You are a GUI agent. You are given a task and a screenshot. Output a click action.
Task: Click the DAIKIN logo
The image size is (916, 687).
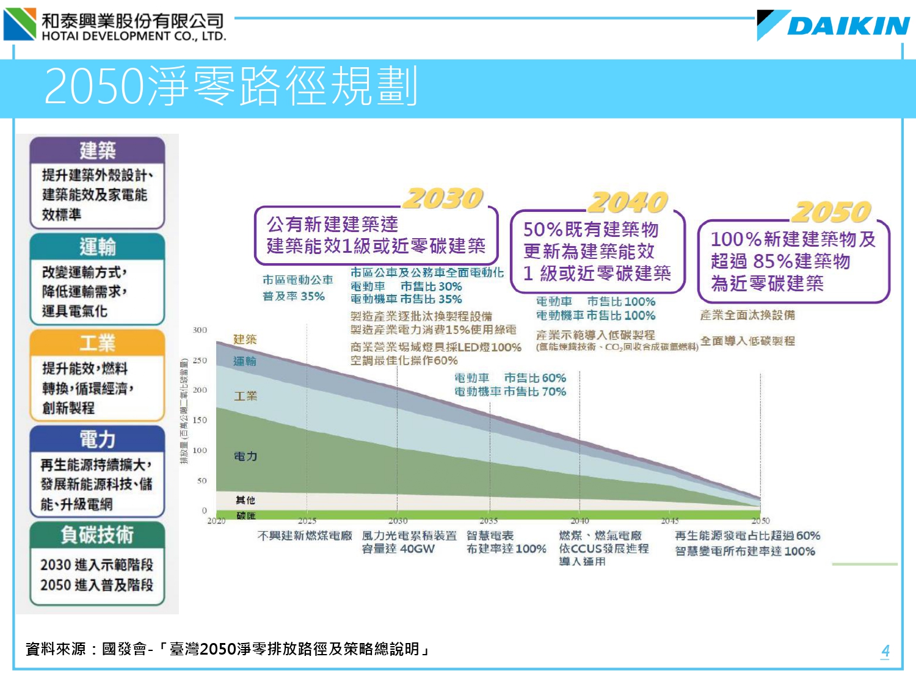834,25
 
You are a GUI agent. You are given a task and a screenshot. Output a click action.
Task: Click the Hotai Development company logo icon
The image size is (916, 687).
20,24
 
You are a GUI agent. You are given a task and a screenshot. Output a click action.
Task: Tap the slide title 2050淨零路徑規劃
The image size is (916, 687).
231,86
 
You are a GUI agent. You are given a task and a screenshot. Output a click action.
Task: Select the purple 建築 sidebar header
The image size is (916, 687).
97,150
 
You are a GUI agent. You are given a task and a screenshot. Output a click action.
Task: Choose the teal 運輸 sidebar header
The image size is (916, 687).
97,247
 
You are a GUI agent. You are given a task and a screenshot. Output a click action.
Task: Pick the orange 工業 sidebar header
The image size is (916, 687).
97,343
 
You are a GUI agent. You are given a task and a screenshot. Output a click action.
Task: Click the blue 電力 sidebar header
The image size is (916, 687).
97,439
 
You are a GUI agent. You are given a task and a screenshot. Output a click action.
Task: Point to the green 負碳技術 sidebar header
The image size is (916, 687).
97,535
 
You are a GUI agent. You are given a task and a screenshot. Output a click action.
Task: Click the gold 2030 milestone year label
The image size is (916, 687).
443,198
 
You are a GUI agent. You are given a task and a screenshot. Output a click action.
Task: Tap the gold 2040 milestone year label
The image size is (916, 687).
628,202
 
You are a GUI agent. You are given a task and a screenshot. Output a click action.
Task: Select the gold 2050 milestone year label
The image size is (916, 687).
831,212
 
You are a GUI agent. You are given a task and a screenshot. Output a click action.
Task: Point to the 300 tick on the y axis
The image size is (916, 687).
200,330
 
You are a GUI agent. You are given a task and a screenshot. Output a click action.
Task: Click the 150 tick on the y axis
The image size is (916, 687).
200,420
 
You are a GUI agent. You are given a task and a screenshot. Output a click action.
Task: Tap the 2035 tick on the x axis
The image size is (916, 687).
489,521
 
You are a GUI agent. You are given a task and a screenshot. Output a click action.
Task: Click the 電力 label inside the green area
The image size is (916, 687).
245,456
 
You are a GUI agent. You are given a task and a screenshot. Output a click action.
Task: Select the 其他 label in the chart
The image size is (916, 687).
245,500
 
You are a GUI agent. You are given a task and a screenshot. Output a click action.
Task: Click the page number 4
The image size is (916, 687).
885,651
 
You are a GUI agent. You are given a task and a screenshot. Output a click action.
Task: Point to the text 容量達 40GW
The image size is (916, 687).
398,549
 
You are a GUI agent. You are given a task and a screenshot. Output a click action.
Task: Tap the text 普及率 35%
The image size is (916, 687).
294,296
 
